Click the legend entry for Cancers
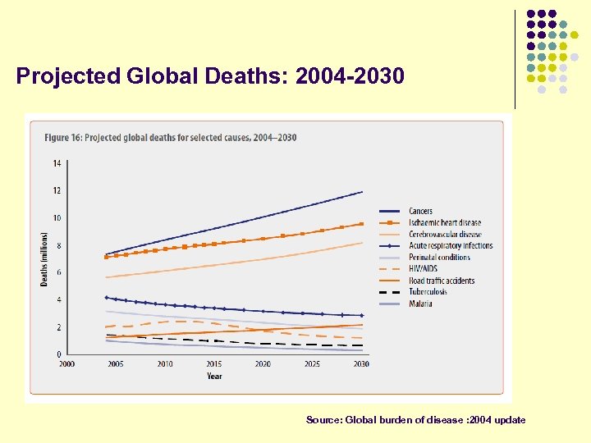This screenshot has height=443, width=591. (x=420, y=212)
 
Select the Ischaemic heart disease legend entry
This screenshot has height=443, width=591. (x=444, y=223)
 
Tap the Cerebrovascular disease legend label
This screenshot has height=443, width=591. (x=444, y=235)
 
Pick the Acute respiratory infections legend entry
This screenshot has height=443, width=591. (x=450, y=246)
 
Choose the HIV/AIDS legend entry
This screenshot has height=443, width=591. (x=423, y=269)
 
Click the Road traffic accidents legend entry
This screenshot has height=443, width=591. (x=441, y=281)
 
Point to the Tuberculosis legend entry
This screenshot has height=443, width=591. (x=427, y=292)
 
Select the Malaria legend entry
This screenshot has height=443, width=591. (x=420, y=304)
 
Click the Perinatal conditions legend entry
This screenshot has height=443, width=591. (x=439, y=258)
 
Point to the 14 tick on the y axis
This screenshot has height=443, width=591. (x=57, y=163)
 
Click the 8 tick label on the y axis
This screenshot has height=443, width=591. (x=58, y=245)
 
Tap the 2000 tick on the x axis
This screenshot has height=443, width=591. (x=66, y=364)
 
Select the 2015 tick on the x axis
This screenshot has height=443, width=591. (x=213, y=364)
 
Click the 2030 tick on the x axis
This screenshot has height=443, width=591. (x=361, y=364)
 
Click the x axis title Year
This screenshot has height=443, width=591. (x=213, y=377)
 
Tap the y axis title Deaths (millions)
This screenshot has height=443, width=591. (x=44, y=258)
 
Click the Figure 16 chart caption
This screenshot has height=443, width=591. (x=170, y=138)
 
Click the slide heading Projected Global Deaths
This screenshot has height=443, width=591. (x=210, y=76)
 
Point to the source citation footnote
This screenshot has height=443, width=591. (x=415, y=420)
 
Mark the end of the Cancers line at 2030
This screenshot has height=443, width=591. (x=362, y=192)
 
